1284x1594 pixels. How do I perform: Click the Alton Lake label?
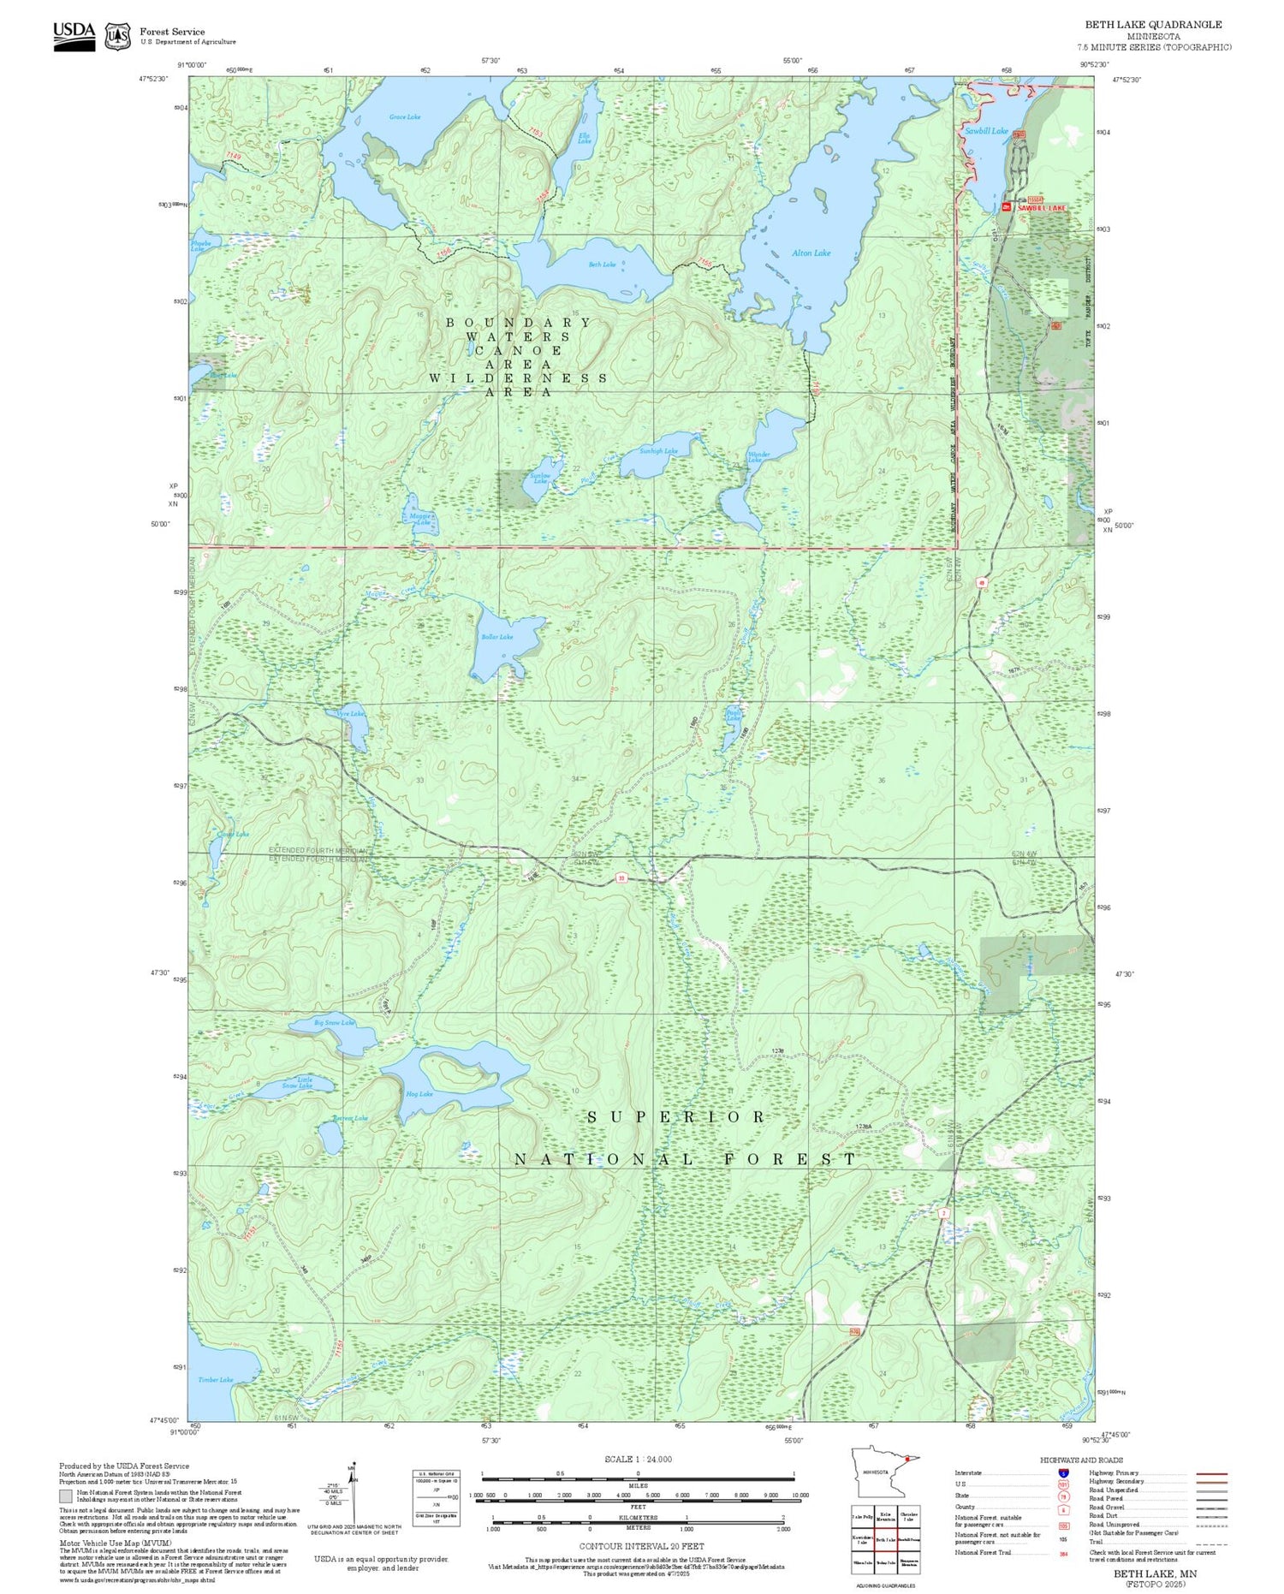coord(810,253)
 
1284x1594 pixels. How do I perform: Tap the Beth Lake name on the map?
coord(602,265)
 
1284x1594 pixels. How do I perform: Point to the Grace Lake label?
coord(404,117)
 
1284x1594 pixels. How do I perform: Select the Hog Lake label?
coord(419,1094)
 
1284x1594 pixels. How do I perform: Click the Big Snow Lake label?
coord(334,1022)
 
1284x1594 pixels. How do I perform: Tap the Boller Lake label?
coord(496,637)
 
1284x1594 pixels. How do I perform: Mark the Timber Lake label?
coord(215,1380)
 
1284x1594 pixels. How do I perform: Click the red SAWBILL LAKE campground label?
coord(1041,208)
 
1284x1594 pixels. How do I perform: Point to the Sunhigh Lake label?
coord(658,451)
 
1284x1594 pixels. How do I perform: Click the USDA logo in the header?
coord(74,35)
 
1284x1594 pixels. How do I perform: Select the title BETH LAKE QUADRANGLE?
coord(1153,25)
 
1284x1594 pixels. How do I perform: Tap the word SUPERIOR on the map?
coord(676,1117)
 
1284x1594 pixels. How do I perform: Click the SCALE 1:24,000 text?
coord(638,1459)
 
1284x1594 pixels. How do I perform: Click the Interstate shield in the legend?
coord(1063,1472)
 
